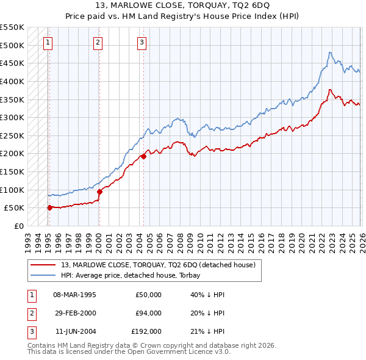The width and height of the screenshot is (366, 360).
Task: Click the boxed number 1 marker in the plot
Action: coord(48,42)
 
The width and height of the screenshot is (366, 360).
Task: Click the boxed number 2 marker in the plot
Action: coord(98,42)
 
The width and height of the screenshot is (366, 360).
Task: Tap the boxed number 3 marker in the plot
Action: coord(142,42)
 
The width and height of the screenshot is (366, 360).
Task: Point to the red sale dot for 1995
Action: coord(49,207)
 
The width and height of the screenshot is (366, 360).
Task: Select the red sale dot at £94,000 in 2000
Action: coord(99,192)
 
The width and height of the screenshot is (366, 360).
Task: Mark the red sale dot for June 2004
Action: coord(143,156)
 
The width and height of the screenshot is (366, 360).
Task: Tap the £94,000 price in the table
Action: coord(148,313)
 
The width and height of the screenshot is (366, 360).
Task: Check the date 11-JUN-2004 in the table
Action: coord(74,331)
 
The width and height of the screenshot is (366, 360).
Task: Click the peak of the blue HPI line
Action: coord(329,52)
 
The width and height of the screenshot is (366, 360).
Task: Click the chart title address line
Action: coord(182,7)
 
